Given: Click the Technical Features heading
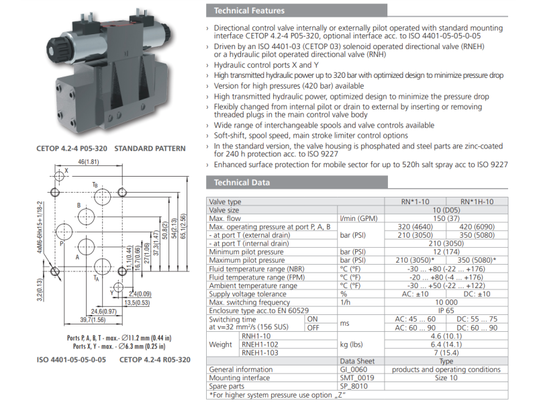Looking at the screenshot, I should [x=249, y=10].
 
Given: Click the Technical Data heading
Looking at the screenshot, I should [x=242, y=183].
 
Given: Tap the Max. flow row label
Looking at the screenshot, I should [x=225, y=218].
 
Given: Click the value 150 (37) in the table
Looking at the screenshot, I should [x=446, y=218].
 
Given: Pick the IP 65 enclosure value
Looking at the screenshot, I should [x=446, y=311].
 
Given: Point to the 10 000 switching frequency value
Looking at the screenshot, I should [x=446, y=303].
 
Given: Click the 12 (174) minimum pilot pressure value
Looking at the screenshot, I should [x=446, y=252].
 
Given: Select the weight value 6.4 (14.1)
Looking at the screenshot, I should [x=446, y=345].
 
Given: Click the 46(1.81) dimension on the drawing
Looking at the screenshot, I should [x=88, y=162].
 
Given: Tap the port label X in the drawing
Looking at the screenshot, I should [x=66, y=171].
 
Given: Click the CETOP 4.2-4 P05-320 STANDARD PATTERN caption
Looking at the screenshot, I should [x=111, y=148].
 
